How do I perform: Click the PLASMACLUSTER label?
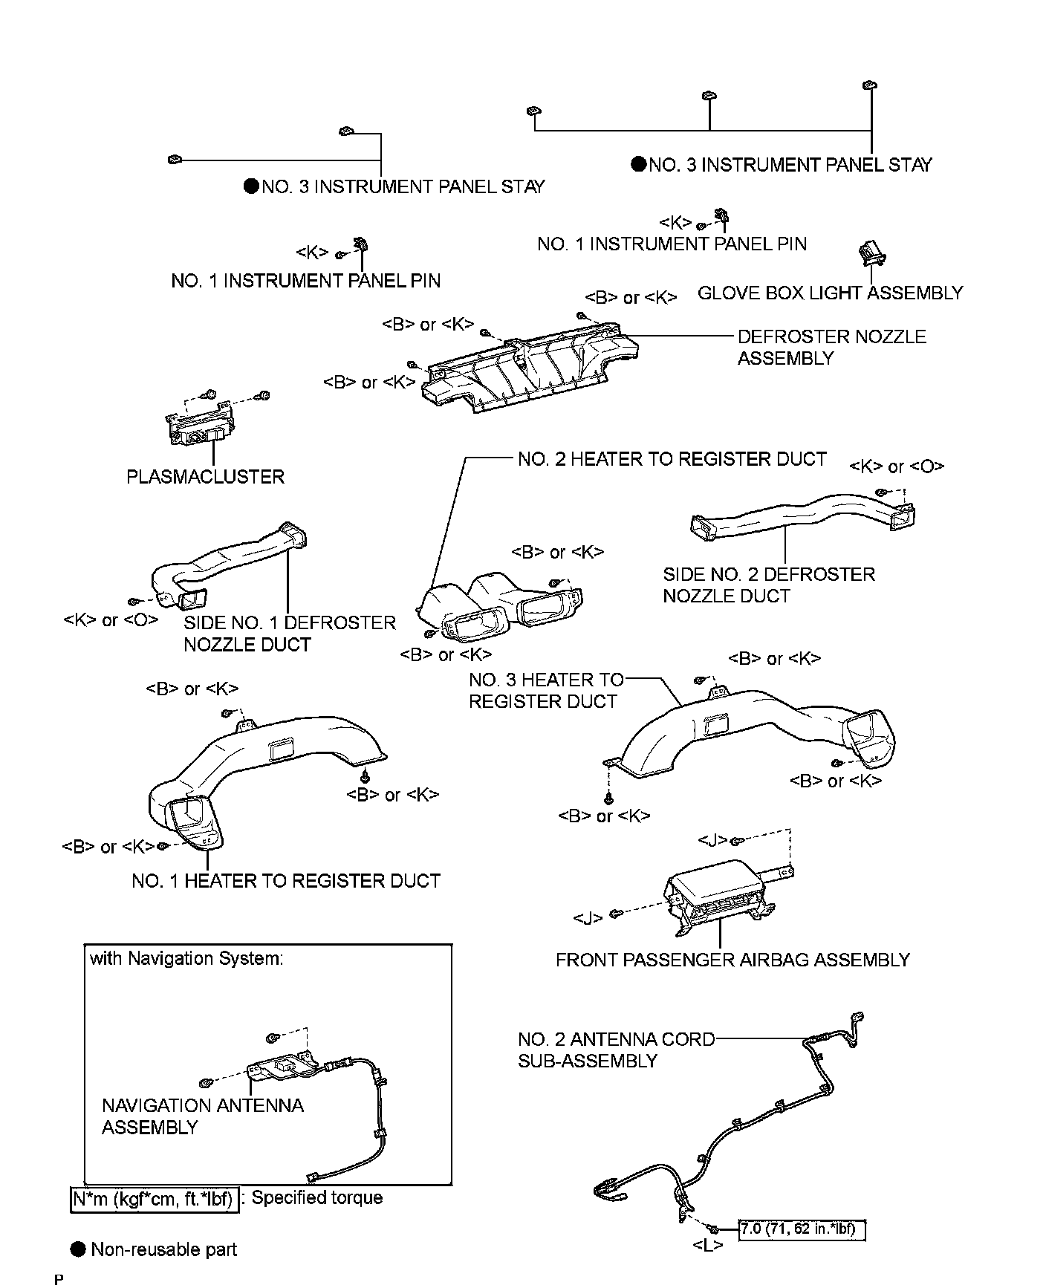click(x=206, y=476)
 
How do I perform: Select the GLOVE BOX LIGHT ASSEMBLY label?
click(x=830, y=293)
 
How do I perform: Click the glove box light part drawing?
click(x=872, y=253)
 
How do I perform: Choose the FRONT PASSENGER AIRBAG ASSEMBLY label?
click(x=732, y=960)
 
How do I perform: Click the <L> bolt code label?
click(x=707, y=1246)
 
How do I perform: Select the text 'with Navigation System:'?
click(x=186, y=958)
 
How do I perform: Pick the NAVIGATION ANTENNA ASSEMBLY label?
click(x=203, y=1116)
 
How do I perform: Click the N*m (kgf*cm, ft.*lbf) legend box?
click(x=155, y=1199)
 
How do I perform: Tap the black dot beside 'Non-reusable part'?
click(x=79, y=1249)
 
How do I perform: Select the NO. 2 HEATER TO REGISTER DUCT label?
click(x=672, y=459)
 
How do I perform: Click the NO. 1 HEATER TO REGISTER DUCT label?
click(x=286, y=881)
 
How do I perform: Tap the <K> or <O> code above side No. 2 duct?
click(x=897, y=466)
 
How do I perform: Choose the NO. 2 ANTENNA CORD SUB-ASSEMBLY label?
click(x=617, y=1050)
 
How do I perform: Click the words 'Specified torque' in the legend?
click(x=317, y=1197)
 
